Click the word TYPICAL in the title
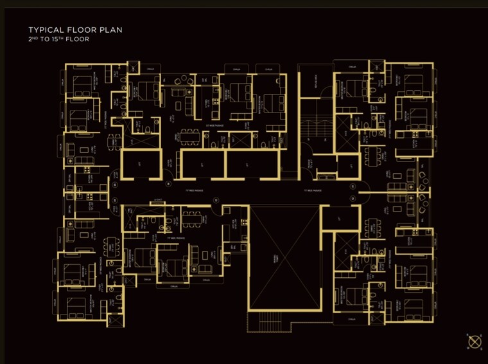(x=48, y=30)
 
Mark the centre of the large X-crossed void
(x=283, y=257)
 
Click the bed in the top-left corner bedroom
(x=82, y=83)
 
